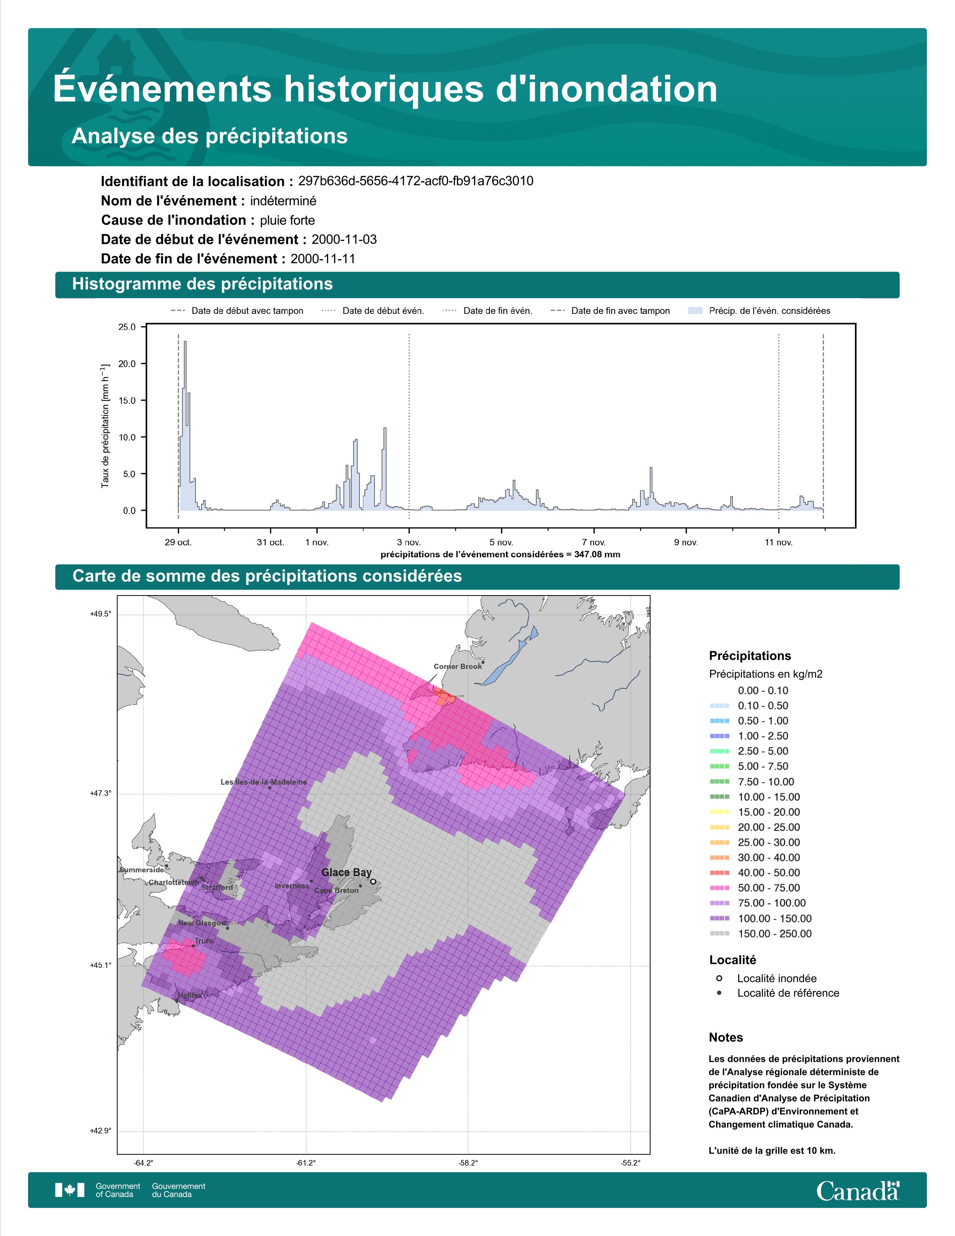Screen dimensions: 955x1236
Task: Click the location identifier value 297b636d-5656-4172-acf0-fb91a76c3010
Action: pos(416,181)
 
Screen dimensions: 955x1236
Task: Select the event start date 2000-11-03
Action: pos(344,239)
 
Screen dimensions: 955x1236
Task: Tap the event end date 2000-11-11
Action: pos(323,259)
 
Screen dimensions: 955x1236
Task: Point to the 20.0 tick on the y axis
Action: pos(127,364)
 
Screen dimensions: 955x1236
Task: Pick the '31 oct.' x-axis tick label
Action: pos(270,542)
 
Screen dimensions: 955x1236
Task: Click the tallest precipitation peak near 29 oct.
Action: pos(185,342)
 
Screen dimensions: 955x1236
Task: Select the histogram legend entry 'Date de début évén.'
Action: pos(383,311)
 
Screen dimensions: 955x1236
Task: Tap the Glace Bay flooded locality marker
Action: pos(373,881)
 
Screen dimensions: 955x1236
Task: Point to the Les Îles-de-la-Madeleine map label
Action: pos(264,782)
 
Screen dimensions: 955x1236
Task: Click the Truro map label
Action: pos(204,940)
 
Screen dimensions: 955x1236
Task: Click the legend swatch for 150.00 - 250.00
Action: pos(719,934)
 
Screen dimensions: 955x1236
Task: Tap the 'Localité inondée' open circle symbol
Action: pos(719,978)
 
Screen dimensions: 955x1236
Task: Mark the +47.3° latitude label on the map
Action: pos(101,793)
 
